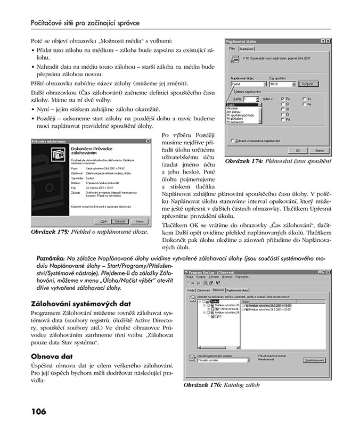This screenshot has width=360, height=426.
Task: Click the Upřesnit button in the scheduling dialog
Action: point(306,84)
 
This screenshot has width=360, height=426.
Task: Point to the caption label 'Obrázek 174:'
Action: point(246,161)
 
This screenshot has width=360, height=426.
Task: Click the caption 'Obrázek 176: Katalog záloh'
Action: point(217,384)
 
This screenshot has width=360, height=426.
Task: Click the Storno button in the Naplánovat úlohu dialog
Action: point(320,150)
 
